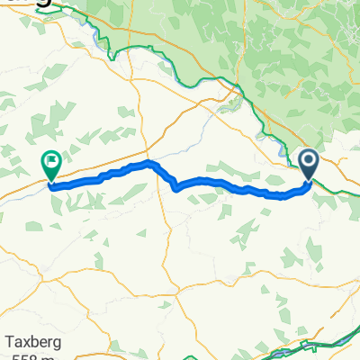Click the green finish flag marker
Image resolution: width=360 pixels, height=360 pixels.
tap(50, 166)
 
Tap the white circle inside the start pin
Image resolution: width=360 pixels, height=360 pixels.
tap(309, 162)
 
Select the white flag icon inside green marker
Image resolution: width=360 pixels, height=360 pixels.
tap(51, 163)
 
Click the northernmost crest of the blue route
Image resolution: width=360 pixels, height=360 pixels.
tap(148, 163)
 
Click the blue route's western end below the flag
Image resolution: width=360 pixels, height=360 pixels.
tap(51, 186)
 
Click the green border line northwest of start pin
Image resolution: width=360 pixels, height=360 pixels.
tap(270, 126)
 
